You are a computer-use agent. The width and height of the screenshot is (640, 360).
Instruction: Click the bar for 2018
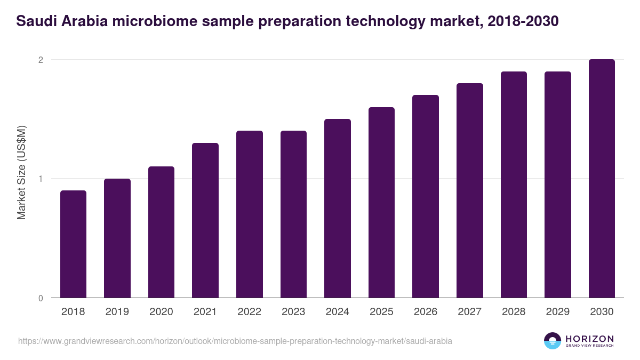[x=73, y=244]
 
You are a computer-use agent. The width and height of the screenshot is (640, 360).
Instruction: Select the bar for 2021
[x=205, y=220]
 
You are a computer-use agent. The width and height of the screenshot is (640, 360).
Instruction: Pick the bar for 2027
[x=470, y=190]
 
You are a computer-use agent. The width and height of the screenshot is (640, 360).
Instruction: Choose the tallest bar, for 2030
[x=602, y=178]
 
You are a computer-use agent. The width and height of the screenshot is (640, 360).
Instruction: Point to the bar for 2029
[x=558, y=185]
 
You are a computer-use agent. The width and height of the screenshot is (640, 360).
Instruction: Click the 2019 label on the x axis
[x=117, y=312]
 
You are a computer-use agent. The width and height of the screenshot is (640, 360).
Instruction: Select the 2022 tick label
[x=250, y=312]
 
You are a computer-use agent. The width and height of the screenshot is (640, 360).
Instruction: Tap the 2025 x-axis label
[x=381, y=312]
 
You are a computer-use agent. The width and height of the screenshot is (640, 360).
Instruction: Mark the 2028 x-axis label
[x=514, y=312]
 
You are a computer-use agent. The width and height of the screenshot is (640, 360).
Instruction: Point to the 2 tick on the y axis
[x=40, y=60]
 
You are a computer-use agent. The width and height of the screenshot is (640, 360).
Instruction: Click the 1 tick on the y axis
[x=40, y=179]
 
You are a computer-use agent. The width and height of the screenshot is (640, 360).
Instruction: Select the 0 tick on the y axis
[x=40, y=298]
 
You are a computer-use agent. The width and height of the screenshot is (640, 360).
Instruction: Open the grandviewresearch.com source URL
[x=235, y=341]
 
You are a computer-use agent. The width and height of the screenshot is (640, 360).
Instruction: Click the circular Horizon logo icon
[x=553, y=341]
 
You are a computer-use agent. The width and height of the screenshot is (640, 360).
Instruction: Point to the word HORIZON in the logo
[x=589, y=339]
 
